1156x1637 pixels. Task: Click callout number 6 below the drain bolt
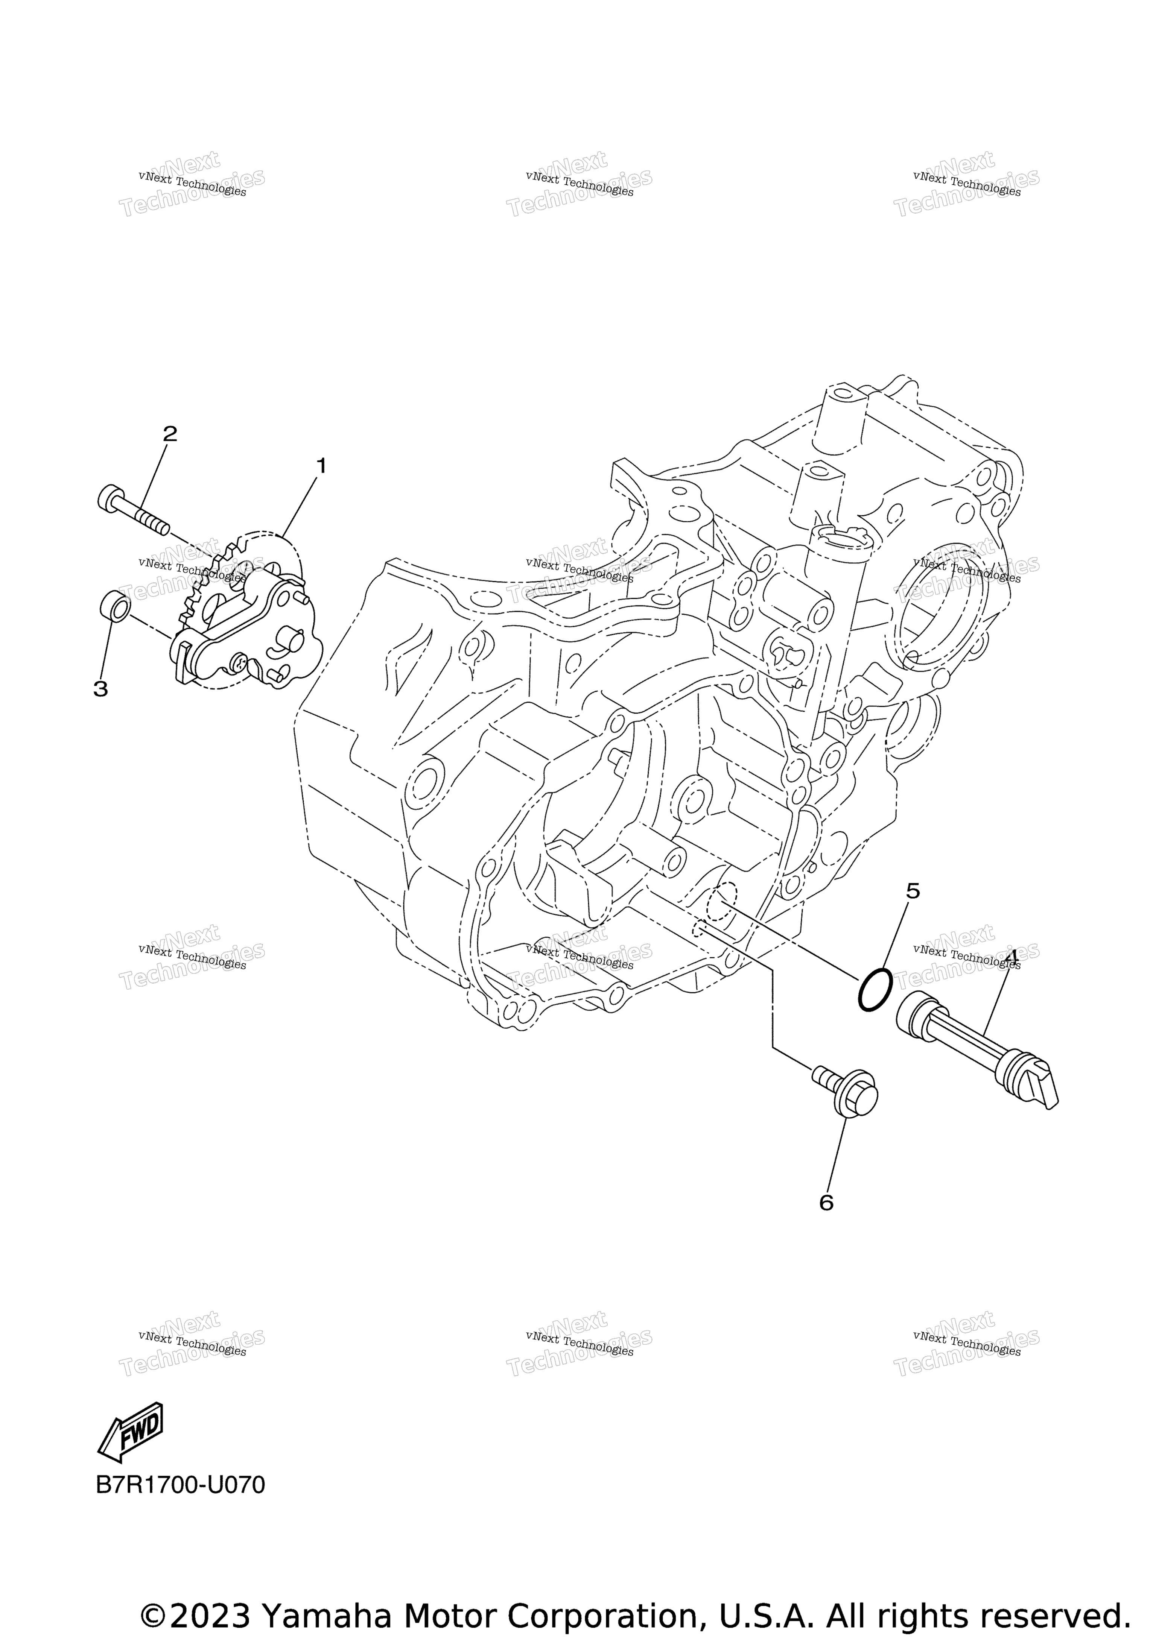826,1203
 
